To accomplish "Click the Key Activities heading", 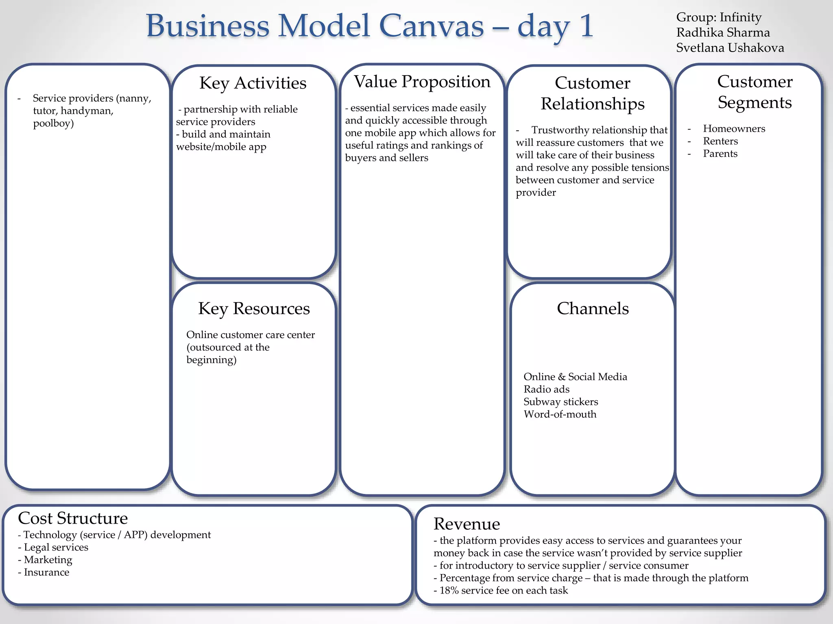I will [253, 83].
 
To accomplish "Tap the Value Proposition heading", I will [422, 82].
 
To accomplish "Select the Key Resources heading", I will [254, 309].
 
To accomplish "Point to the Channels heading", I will [593, 309].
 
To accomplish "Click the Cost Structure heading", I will [73, 518].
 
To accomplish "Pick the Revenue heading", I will [467, 524].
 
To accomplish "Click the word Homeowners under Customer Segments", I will [734, 129].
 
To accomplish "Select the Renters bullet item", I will [720, 141].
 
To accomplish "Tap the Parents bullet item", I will [720, 154].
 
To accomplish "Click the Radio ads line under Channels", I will [546, 390].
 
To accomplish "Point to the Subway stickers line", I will [560, 402].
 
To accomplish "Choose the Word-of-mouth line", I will [560, 415].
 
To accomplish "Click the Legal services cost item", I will [56, 548].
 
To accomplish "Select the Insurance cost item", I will [46, 572].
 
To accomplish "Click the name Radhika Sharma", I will [723, 33].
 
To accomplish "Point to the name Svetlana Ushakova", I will [730, 48].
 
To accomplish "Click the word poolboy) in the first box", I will [53, 123].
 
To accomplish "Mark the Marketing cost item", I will [48, 560].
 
